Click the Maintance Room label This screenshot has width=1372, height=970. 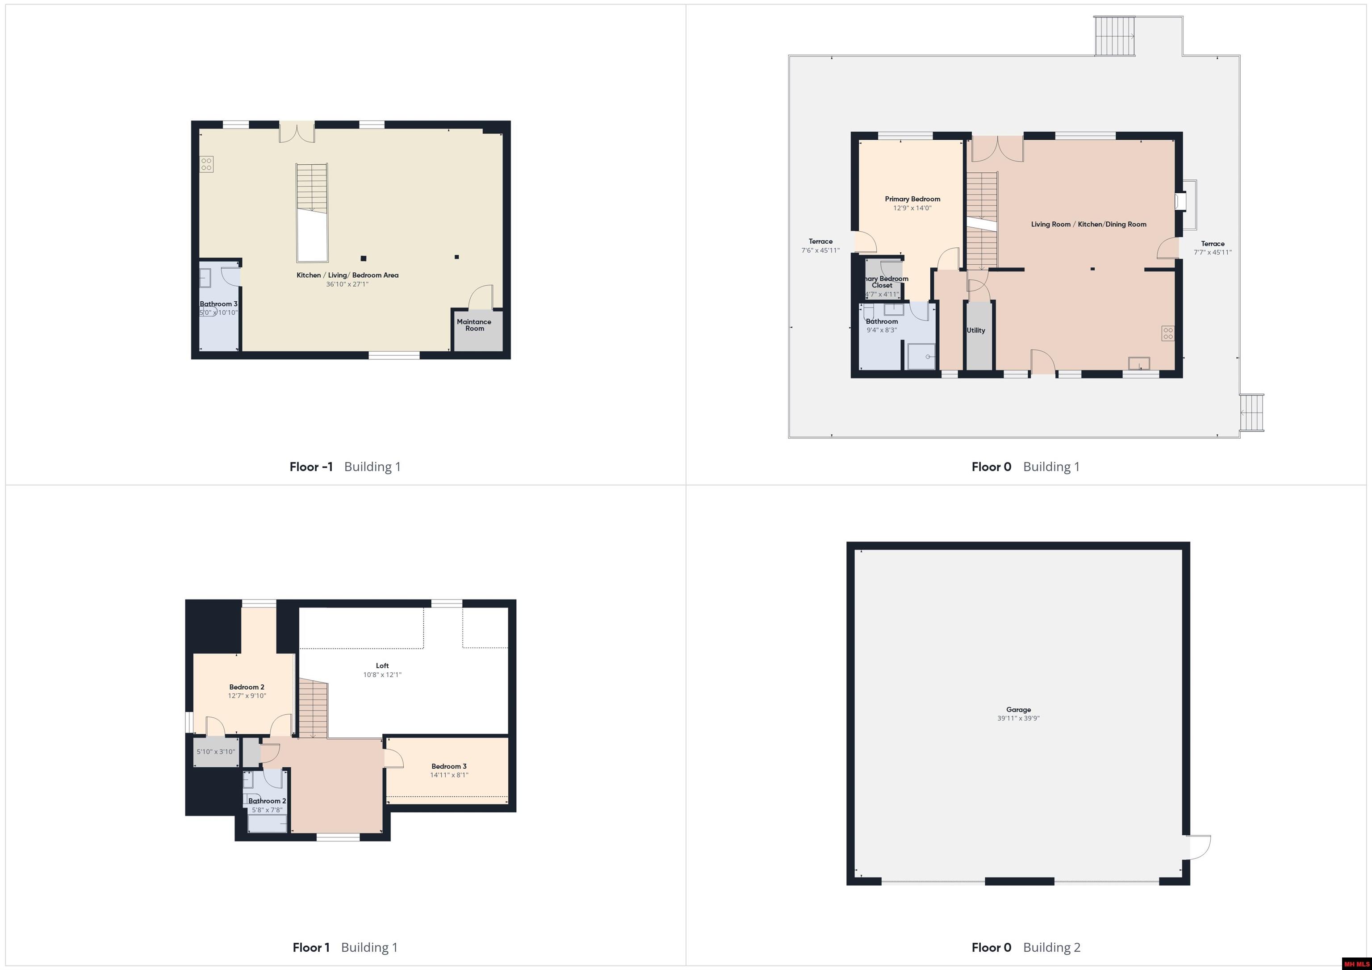(x=474, y=325)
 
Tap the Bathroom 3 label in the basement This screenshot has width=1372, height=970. (x=218, y=304)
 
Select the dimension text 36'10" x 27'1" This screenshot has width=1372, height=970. (x=347, y=284)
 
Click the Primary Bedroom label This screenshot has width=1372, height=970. (x=912, y=199)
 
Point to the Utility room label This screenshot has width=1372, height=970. (x=976, y=330)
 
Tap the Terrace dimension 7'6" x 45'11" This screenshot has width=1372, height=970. (x=820, y=251)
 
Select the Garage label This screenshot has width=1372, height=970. (x=1018, y=710)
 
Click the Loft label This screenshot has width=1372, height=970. (x=382, y=666)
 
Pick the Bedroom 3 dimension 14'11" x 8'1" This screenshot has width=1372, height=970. (x=449, y=775)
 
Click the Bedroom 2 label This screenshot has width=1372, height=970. (x=247, y=687)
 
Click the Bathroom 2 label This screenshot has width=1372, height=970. (x=267, y=801)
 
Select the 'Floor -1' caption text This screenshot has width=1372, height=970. (x=311, y=467)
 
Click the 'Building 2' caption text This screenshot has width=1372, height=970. (x=1052, y=947)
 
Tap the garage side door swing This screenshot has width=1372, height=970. (x=1198, y=847)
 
